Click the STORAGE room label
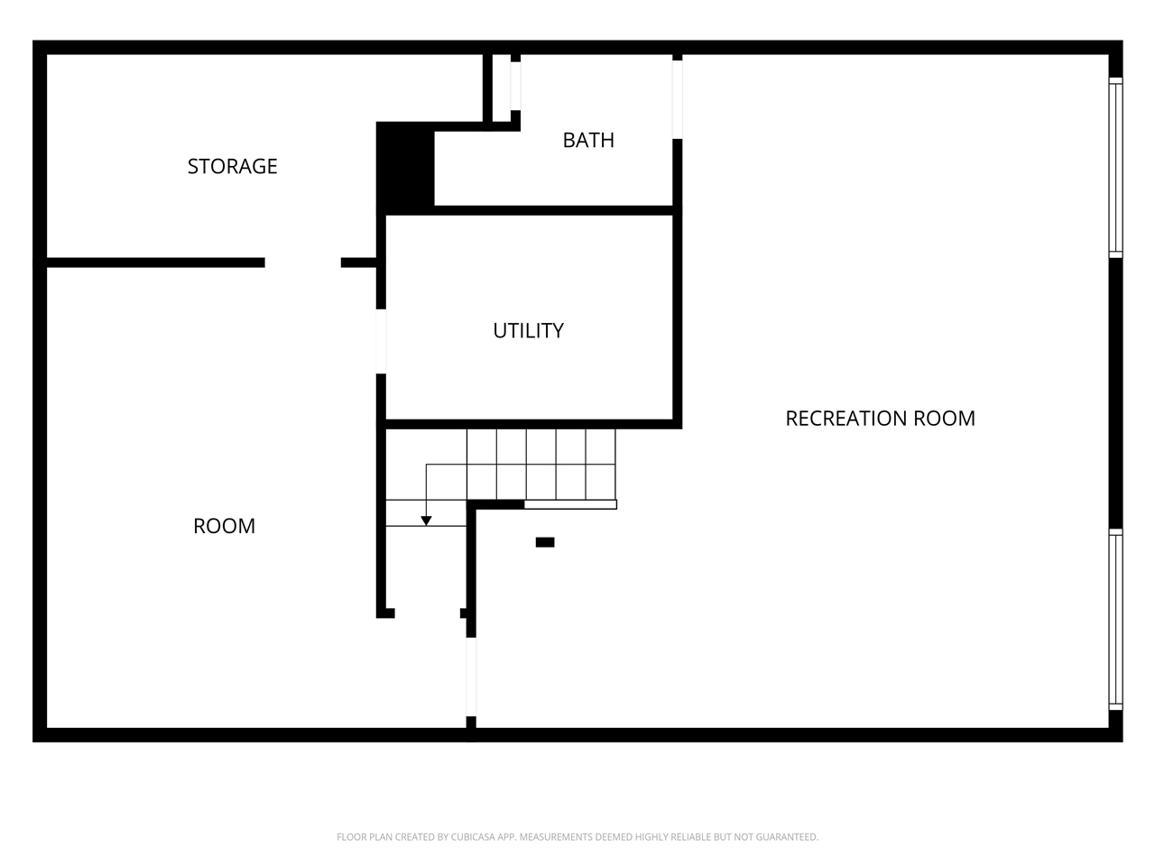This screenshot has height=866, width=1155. (232, 166)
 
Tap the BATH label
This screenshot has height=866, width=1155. (588, 140)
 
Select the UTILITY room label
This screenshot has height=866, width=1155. (528, 330)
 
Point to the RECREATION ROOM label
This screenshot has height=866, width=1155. (880, 418)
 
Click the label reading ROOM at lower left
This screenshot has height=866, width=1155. (224, 526)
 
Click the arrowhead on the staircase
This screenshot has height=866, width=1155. (426, 521)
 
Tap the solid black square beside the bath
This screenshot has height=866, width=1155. (405, 167)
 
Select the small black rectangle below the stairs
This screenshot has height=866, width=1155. (545, 542)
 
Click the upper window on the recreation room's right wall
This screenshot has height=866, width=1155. (1116, 168)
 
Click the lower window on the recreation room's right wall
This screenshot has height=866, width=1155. (1116, 620)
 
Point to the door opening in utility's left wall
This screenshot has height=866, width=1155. (381, 341)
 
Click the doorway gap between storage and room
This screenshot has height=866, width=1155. (302, 263)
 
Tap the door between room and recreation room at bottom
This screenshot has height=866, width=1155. (470, 677)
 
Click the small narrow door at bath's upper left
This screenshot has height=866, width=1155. (515, 86)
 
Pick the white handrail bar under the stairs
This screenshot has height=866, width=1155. (570, 504)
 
